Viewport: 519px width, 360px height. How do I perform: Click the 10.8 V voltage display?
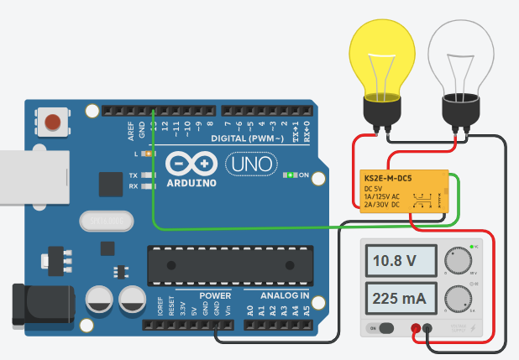point(394,259)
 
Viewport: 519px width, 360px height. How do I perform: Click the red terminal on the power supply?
point(415,329)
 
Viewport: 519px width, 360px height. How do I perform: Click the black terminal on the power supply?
point(427,329)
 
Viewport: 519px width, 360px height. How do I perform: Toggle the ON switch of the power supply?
point(384,329)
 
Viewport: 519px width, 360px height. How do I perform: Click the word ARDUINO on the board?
point(191,181)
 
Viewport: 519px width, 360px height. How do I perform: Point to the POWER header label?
point(214,296)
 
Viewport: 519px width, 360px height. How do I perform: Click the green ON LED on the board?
point(291,175)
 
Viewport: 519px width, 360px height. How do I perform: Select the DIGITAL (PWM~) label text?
point(247,138)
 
